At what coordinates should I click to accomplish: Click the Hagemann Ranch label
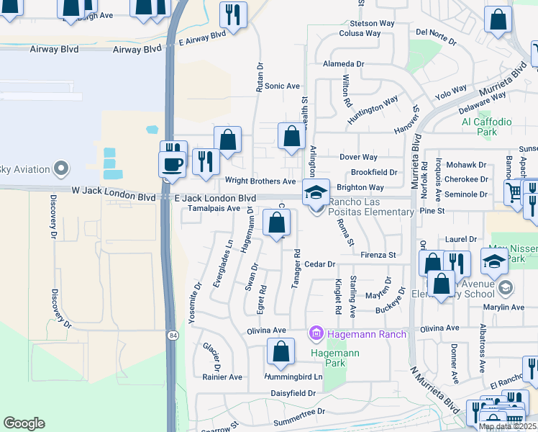366,333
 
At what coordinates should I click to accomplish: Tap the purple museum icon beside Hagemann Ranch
315,333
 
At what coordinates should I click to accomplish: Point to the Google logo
24,423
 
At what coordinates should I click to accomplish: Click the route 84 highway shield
173,336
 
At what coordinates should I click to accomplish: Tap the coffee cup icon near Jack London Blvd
173,163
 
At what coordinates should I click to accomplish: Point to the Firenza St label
378,255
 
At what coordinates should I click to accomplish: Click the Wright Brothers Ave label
260,181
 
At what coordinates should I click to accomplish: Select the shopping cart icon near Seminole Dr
513,192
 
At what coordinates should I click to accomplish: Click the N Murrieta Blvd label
434,395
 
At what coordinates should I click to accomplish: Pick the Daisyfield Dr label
293,393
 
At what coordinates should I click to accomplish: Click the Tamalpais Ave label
214,208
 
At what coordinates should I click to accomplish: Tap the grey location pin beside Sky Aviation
61,170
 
